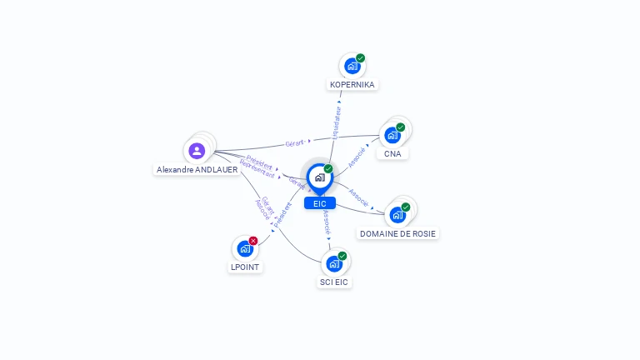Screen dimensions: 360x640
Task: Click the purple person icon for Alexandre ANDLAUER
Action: [197, 151]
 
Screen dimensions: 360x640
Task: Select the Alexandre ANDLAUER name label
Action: [197, 169]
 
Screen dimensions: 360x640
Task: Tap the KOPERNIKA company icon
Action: [352, 66]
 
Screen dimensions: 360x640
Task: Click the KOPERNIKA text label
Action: [352, 85]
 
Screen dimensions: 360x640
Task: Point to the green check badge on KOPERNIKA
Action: [360, 58]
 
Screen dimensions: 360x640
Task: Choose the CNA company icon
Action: [392, 135]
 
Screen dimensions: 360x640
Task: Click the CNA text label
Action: [392, 154]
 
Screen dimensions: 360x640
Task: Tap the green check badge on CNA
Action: [401, 127]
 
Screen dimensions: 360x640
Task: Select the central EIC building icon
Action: [319, 177]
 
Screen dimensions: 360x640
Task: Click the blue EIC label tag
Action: [320, 203]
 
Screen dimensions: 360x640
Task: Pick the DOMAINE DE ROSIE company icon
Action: [397, 214]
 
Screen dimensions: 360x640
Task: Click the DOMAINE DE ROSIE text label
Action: [397, 234]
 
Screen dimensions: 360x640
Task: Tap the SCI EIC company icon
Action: [334, 263]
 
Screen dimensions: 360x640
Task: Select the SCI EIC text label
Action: [334, 282]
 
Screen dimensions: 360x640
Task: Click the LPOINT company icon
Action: [245, 248]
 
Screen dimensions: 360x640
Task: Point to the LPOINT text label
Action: [245, 267]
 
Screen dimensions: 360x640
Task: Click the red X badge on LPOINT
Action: [253, 241]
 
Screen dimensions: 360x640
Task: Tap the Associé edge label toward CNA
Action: [357, 157]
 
